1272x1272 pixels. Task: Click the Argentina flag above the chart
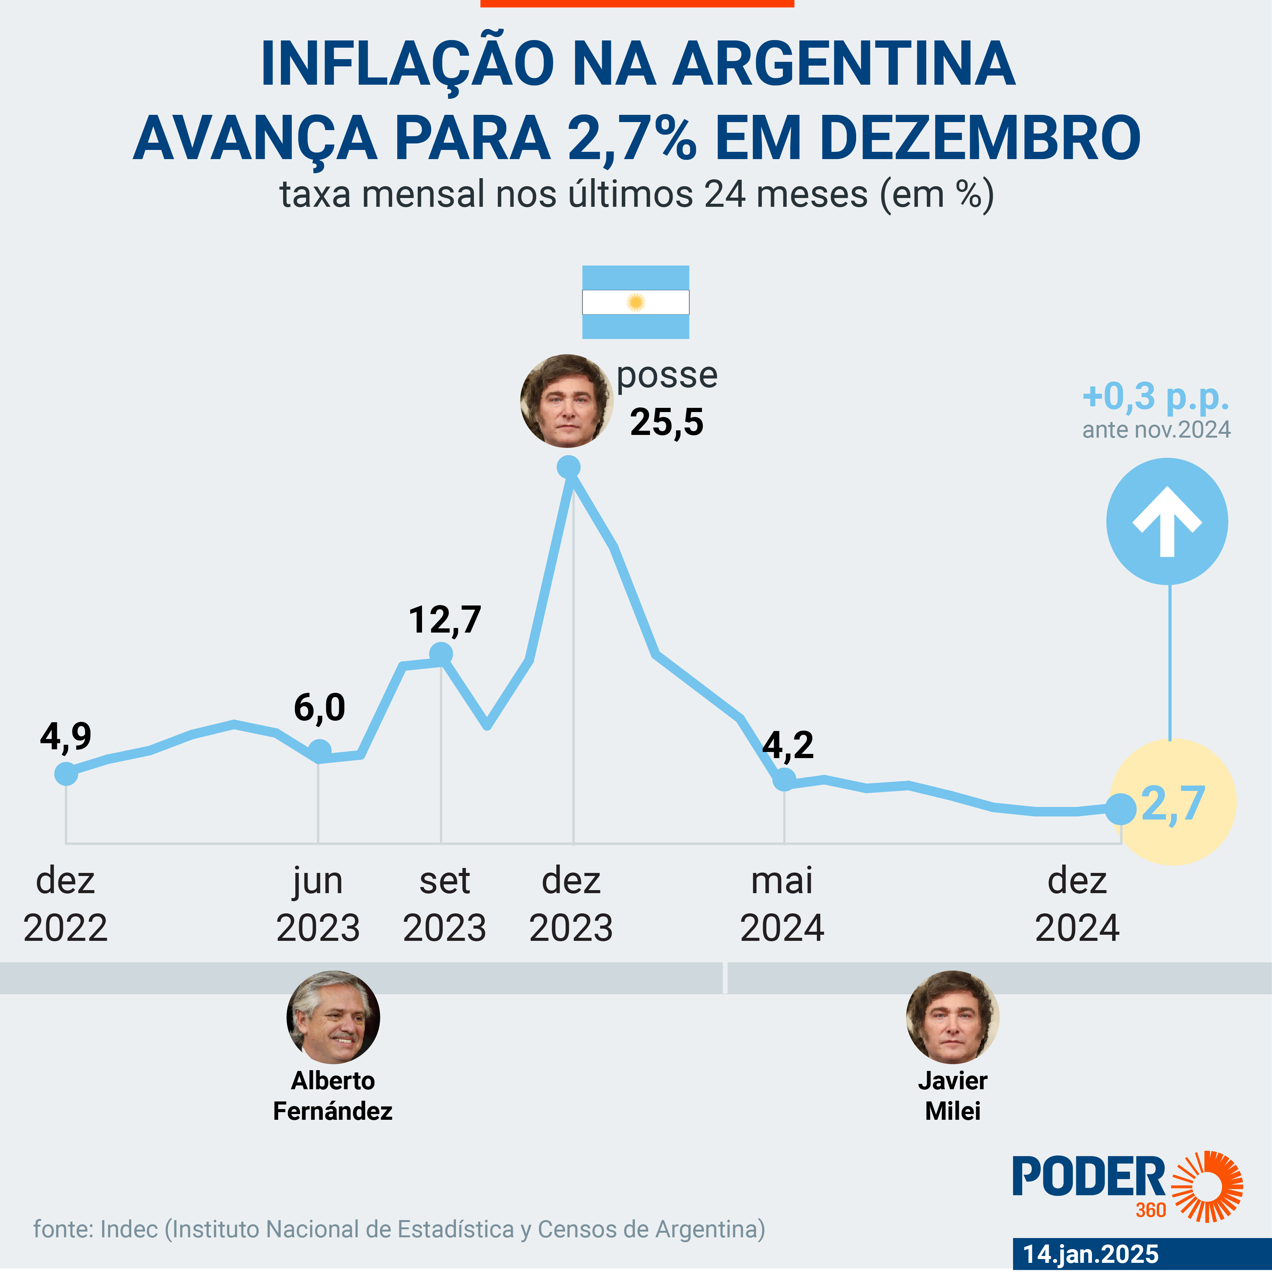[x=635, y=302]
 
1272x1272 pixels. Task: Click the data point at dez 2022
[x=66, y=774]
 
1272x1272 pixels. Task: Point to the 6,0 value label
[x=319, y=708]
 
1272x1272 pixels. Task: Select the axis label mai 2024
[x=782, y=904]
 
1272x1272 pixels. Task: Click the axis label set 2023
[x=444, y=904]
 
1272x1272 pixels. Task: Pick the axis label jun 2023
[x=318, y=904]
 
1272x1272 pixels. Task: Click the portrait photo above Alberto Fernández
[x=333, y=1017]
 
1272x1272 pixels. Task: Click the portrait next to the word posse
[x=566, y=401]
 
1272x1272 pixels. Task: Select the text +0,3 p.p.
[x=1156, y=396]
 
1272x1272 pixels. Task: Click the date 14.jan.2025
[x=1091, y=1254]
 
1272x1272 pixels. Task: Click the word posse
[x=667, y=376]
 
